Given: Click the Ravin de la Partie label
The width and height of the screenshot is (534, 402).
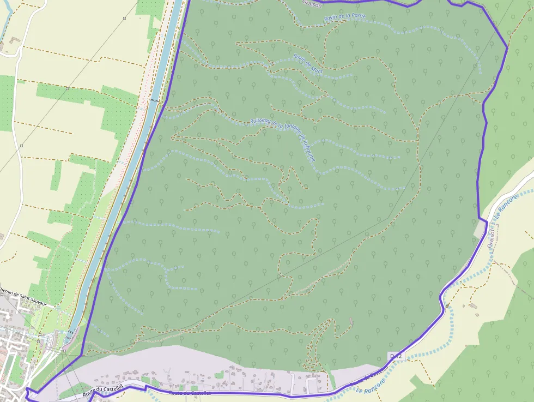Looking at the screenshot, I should point(344,17).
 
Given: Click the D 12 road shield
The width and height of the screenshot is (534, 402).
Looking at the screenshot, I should point(396,356).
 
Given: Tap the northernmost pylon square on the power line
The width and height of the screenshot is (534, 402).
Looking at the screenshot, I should point(124,18).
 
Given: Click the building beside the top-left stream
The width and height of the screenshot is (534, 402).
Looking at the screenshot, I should point(13,40).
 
